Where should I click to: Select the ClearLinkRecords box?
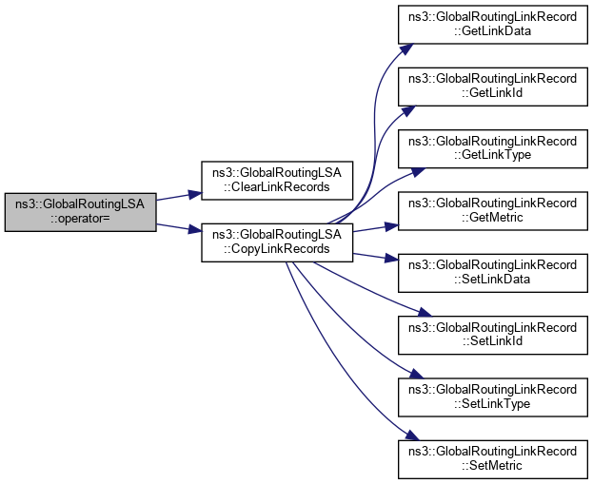point(277,179)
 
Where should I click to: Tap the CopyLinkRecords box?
point(277,241)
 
